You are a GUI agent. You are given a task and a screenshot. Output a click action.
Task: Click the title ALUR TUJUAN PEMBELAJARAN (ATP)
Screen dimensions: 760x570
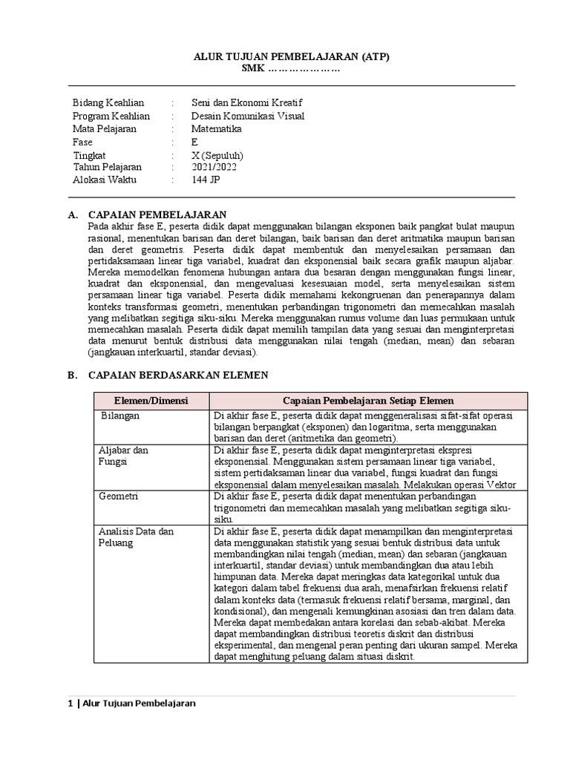(292, 56)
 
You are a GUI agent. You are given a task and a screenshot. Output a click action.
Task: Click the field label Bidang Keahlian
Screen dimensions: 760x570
(108, 102)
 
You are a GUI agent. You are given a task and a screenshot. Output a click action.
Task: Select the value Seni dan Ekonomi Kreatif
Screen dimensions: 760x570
(247, 102)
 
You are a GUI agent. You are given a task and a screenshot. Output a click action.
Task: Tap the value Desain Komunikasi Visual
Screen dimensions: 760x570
(247, 116)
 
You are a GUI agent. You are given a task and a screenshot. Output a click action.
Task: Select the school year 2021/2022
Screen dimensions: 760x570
(216, 167)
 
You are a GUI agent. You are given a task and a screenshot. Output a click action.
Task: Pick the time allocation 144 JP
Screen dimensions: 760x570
(206, 180)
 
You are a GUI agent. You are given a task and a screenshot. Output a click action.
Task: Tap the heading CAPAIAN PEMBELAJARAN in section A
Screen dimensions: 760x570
(157, 214)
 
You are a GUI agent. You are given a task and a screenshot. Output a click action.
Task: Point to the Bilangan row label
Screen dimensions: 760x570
(120, 416)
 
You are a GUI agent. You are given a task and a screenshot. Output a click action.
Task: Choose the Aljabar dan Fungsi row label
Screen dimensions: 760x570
(123, 456)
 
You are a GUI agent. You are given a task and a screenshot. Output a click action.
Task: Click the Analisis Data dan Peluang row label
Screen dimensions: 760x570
(136, 537)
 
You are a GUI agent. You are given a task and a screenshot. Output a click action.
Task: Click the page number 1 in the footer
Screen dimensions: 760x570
(70, 704)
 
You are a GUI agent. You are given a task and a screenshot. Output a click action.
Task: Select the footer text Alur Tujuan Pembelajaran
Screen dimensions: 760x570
(140, 704)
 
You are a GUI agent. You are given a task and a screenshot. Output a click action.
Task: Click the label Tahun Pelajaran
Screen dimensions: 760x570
(107, 167)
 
